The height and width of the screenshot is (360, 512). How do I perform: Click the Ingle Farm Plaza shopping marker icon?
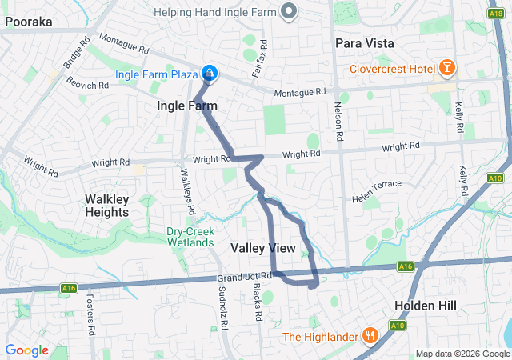click(x=209, y=74)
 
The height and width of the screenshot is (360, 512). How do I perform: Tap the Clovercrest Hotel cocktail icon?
click(x=446, y=69)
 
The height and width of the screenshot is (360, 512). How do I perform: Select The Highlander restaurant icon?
click(x=369, y=335)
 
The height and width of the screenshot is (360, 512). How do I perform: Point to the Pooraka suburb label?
click(x=28, y=22)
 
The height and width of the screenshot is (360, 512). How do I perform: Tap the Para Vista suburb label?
click(x=365, y=42)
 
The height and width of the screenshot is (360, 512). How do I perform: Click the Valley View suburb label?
click(x=263, y=249)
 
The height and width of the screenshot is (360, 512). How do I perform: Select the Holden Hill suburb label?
click(x=425, y=306)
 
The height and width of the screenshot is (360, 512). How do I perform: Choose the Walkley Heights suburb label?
click(x=106, y=206)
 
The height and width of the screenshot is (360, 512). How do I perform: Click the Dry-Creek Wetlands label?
click(x=190, y=237)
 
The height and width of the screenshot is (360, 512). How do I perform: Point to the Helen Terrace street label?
click(x=378, y=190)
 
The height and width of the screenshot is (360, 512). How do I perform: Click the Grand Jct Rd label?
click(x=244, y=276)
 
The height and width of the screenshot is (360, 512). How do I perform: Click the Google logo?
click(x=26, y=350)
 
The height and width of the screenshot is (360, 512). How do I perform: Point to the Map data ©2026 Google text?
click(x=462, y=354)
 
